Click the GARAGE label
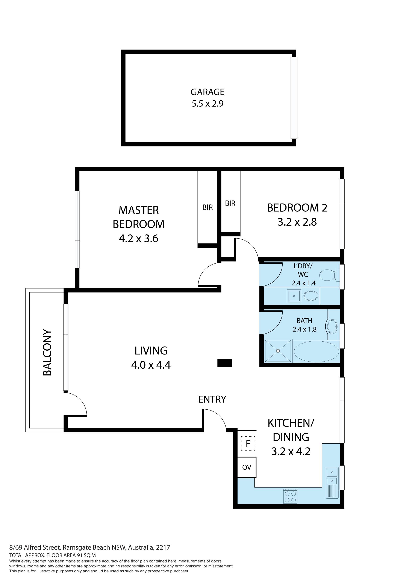click(x=208, y=92)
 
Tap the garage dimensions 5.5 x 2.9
click(x=208, y=104)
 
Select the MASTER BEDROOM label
click(x=139, y=217)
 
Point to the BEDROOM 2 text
click(x=297, y=208)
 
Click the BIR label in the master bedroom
click(x=208, y=207)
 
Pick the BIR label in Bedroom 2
click(x=230, y=203)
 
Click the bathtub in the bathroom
click(x=316, y=352)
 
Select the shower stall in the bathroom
click(x=278, y=351)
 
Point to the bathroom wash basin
click(x=332, y=326)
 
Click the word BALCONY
click(x=47, y=352)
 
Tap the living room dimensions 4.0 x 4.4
click(x=151, y=365)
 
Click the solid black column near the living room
click(x=225, y=363)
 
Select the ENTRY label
click(x=212, y=399)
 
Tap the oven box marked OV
click(x=247, y=467)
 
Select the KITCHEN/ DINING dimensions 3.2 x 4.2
click(x=291, y=451)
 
